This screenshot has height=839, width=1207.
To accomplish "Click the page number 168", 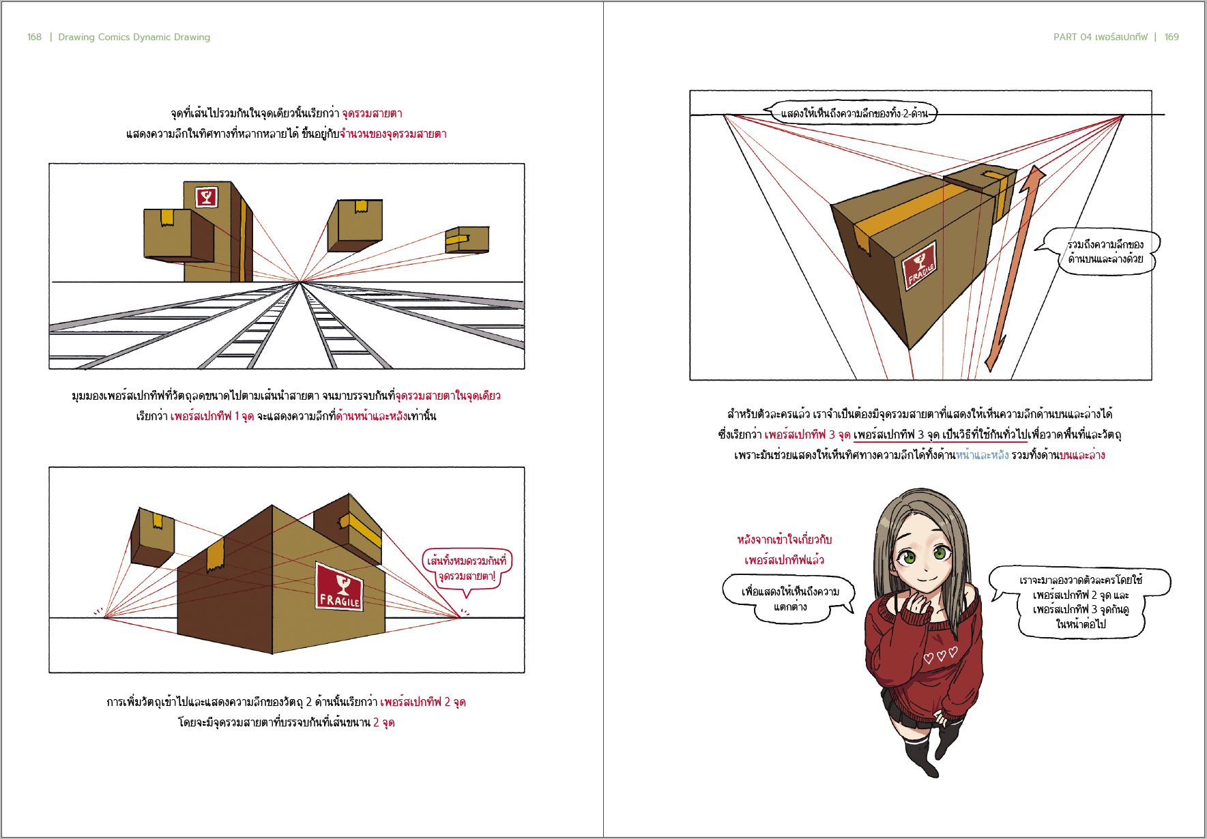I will (x=34, y=37).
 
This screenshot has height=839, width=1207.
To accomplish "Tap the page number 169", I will (x=1172, y=37).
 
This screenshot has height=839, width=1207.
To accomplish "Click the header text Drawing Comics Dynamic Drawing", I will (x=134, y=37).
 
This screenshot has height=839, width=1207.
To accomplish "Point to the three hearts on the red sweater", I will (x=940, y=656).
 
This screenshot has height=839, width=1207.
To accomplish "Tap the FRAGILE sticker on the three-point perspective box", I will (x=919, y=267).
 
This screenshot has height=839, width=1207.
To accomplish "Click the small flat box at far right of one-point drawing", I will (x=467, y=239).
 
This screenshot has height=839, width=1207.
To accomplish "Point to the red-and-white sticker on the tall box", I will (x=207, y=198).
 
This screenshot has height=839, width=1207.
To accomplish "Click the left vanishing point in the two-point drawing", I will (x=104, y=617).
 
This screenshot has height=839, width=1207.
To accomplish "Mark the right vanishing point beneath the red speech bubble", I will (x=461, y=617).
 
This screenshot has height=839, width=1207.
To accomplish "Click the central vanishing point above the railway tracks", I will (x=300, y=281).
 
